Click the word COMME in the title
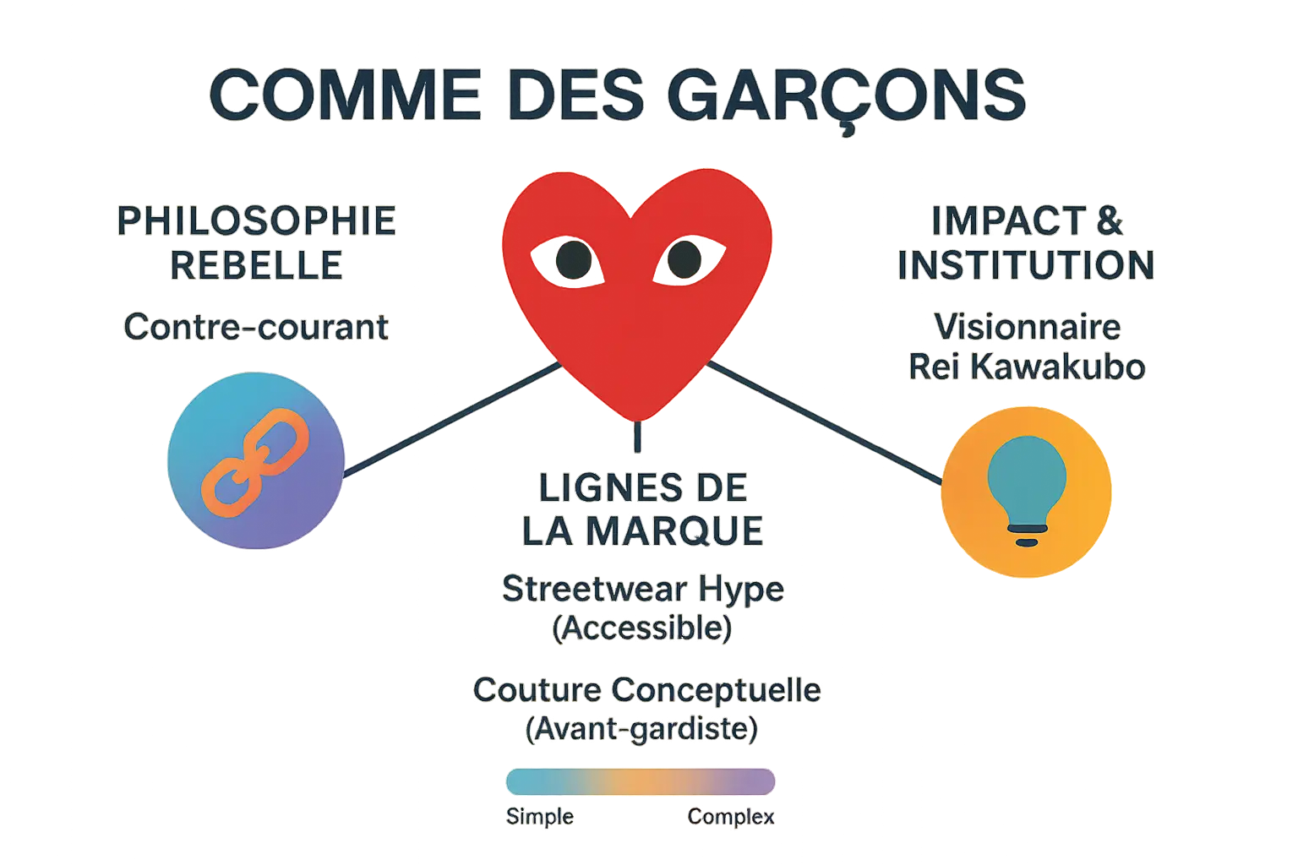(345, 95)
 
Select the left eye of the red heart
(574, 259)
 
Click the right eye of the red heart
(684, 259)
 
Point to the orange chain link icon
(255, 462)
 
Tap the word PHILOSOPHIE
(256, 221)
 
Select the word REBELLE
(256, 265)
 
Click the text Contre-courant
(256, 327)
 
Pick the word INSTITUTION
(1026, 265)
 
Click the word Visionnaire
(1026, 327)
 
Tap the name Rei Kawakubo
(1026, 367)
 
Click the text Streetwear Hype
(642, 589)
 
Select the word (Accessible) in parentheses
(642, 628)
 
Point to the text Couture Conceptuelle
(646, 690)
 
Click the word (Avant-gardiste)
(641, 729)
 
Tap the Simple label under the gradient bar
(540, 817)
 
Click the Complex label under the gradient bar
(731, 817)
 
